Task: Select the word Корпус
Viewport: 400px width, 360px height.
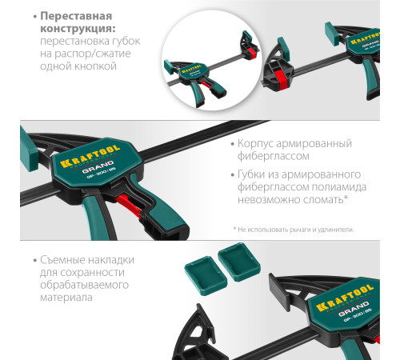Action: pyautogui.click(x=259, y=143)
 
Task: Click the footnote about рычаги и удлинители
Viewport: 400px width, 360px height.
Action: pyautogui.click(x=293, y=229)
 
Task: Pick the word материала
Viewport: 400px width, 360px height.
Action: pyautogui.click(x=65, y=298)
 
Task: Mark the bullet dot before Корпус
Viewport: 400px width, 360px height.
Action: pyautogui.click(x=230, y=144)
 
